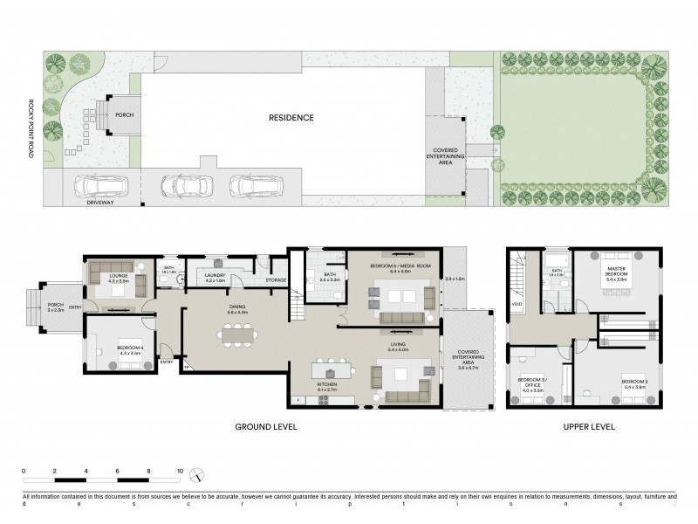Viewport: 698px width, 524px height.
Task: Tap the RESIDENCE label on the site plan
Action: coord(291,117)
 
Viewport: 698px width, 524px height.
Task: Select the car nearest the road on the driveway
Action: coord(101,186)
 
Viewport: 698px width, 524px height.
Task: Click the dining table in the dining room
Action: coord(238,333)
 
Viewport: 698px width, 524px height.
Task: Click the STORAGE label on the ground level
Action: coord(277,280)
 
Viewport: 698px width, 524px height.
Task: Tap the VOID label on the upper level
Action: coord(517,304)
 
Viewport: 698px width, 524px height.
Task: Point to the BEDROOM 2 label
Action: coord(633,383)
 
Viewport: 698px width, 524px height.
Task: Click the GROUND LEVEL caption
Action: coord(268,427)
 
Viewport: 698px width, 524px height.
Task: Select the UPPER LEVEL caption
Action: coord(588,427)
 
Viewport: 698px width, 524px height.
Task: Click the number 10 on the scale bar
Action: coord(180,471)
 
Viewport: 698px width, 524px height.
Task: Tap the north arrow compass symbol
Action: coord(199,477)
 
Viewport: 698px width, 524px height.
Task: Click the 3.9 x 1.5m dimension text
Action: coord(455,279)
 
